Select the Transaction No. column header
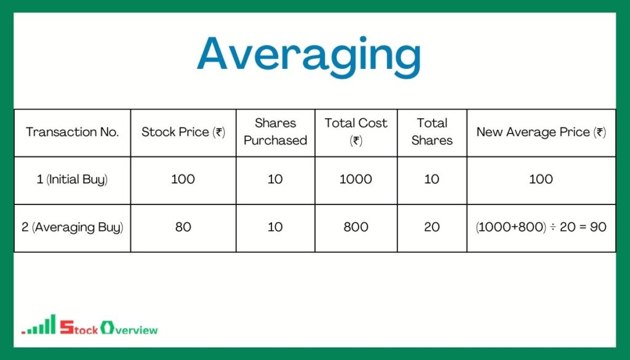click(72, 132)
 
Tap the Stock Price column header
click(183, 132)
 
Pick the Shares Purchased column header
click(275, 132)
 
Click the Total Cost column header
click(356, 132)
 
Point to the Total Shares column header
click(432, 132)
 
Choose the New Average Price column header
click(541, 132)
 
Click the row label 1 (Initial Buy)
click(72, 180)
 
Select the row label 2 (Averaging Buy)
click(72, 227)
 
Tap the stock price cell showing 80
click(183, 227)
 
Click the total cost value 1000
click(356, 180)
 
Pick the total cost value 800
click(356, 227)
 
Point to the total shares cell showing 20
click(432, 227)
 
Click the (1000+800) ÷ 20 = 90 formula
click(541, 227)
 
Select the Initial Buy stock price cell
click(183, 180)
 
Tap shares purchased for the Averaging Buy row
click(275, 227)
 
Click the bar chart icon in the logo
click(39, 326)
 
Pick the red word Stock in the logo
click(78, 329)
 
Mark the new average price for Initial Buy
click(541, 180)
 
